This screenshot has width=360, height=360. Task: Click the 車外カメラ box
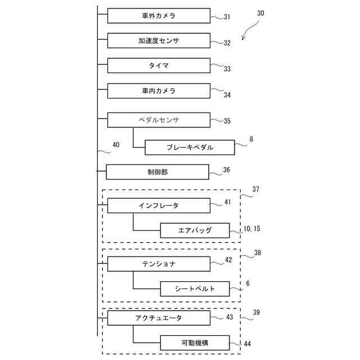coord(159,16)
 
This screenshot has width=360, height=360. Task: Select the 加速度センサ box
coord(159,40)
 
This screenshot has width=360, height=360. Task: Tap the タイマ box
coord(159,66)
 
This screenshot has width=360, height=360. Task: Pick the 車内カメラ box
coord(159,91)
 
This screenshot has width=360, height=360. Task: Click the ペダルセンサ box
coord(159,120)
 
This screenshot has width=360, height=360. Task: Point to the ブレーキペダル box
coord(190,147)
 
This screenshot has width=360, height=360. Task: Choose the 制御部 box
coord(157,172)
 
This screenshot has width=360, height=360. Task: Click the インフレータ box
coord(159,205)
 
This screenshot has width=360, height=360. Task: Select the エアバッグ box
coord(195,230)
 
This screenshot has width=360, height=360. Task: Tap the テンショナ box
coord(159,264)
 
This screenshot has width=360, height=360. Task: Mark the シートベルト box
coord(195,289)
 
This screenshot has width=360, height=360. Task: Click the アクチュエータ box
coord(159,318)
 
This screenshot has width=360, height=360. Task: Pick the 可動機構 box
coord(195,343)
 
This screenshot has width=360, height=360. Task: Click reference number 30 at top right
coord(260,12)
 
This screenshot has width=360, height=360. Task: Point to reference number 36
coord(226,169)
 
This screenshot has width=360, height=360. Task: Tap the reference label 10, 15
coord(252,229)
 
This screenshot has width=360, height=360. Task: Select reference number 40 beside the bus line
coord(116,145)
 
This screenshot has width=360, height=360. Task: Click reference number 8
coord(251,139)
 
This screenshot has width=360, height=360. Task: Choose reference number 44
coord(247,344)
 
